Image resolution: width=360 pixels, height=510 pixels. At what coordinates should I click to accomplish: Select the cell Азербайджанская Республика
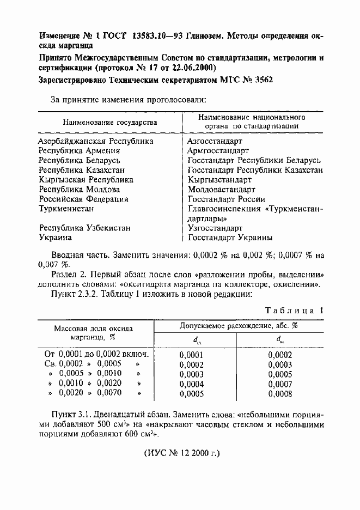[95, 141]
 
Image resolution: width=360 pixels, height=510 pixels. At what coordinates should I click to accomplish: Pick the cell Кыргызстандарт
[219, 180]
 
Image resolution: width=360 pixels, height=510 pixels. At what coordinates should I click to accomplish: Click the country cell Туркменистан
[67, 209]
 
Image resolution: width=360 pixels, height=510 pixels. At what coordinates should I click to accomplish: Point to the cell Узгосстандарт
[216, 228]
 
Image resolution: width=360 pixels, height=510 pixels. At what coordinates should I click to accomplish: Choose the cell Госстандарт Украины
[230, 238]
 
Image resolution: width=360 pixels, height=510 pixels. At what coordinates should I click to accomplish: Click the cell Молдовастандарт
[221, 190]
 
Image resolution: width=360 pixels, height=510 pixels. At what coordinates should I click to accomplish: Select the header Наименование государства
[109, 122]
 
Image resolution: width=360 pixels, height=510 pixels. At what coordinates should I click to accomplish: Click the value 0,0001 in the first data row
[191, 355]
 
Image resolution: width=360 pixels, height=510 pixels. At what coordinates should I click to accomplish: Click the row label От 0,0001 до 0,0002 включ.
[96, 355]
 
